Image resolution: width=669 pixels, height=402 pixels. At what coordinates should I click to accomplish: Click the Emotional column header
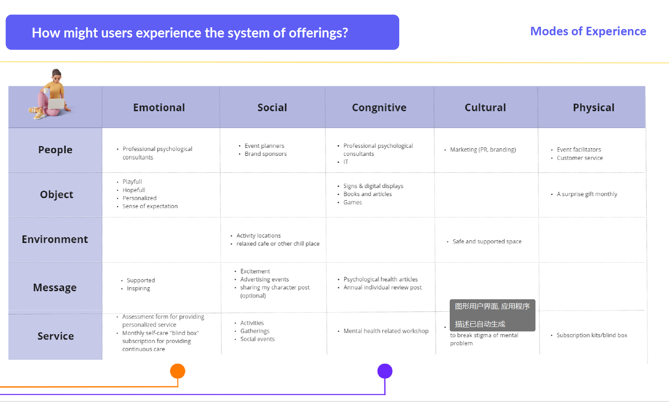[159, 108]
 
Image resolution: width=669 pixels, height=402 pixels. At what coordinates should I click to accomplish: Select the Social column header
[272, 108]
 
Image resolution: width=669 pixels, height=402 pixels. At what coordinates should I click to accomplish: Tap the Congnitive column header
[379, 108]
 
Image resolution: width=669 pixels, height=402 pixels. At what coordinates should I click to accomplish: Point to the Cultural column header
[485, 108]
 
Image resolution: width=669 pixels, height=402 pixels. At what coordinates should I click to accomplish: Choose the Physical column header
[594, 108]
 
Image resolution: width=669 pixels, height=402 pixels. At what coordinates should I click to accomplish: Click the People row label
[55, 150]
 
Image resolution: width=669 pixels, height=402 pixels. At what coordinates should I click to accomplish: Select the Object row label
[56, 195]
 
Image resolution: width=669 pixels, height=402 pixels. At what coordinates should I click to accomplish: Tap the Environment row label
[55, 239]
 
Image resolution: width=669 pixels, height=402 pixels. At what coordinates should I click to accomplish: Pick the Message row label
[55, 288]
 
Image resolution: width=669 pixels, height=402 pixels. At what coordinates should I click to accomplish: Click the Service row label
[55, 336]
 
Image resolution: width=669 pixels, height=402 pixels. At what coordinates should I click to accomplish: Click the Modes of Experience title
[588, 31]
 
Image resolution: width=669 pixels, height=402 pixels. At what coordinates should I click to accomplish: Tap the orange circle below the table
[178, 371]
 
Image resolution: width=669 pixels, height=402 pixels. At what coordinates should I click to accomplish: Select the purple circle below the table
[385, 371]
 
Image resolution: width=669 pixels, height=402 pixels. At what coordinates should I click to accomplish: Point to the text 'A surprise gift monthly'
[587, 194]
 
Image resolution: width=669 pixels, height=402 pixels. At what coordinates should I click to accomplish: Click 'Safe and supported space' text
[487, 242]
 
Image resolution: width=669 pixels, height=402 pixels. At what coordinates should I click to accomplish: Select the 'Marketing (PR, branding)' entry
[483, 150]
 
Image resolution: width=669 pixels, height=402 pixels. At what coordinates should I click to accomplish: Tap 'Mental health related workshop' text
[386, 331]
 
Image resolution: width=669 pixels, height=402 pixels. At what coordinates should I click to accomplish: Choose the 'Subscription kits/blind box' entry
[592, 335]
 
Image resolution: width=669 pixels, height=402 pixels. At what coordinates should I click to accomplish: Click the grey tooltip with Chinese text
[492, 315]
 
